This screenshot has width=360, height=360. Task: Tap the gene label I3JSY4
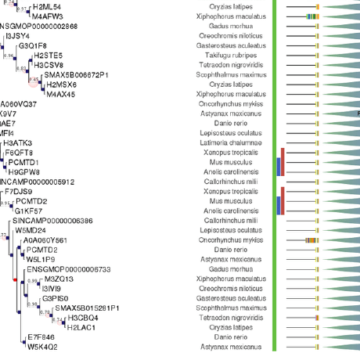(x=17, y=36)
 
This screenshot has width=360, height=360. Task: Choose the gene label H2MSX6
(x=62, y=85)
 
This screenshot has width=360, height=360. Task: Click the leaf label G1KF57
(x=29, y=211)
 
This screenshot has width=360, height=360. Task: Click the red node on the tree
(x=15, y=279)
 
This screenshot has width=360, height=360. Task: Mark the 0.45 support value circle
(x=34, y=80)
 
